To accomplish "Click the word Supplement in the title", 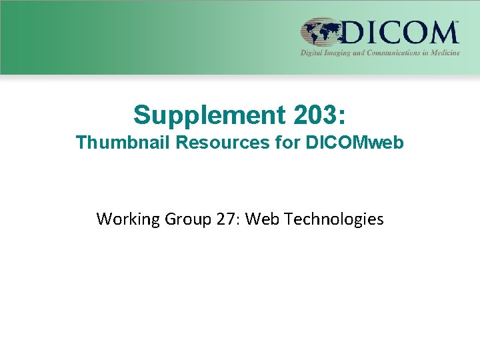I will point(208,115).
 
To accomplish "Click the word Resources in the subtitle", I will point(209,143).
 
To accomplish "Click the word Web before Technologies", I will point(262,219).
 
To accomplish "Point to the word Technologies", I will point(333,219).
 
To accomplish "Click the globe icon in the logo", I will point(321,32).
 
